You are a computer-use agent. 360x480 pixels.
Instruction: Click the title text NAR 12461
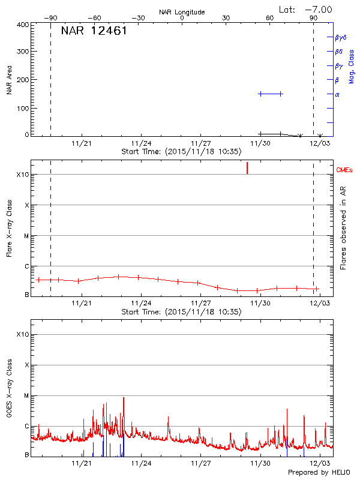click(x=94, y=31)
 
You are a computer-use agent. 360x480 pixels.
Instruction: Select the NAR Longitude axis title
click(x=182, y=11)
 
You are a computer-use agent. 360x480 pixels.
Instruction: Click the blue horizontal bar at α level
click(x=270, y=94)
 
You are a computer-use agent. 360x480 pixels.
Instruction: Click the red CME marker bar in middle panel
click(x=247, y=168)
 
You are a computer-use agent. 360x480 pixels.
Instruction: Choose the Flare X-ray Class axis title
click(x=10, y=230)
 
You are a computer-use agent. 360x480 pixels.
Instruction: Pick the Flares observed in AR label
click(x=344, y=230)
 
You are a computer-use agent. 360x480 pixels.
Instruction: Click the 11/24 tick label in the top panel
click(x=140, y=143)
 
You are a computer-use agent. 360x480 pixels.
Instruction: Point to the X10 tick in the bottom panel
click(x=22, y=334)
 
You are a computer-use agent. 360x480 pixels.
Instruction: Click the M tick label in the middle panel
click(x=26, y=236)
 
